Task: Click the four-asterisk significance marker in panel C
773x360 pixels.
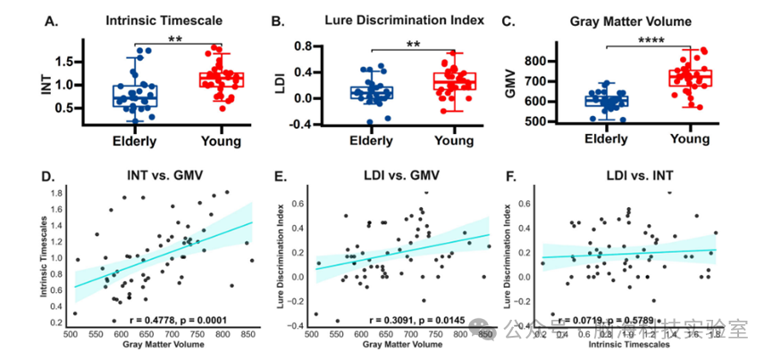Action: [x=656, y=39]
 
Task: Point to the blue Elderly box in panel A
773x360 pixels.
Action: [x=135, y=96]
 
